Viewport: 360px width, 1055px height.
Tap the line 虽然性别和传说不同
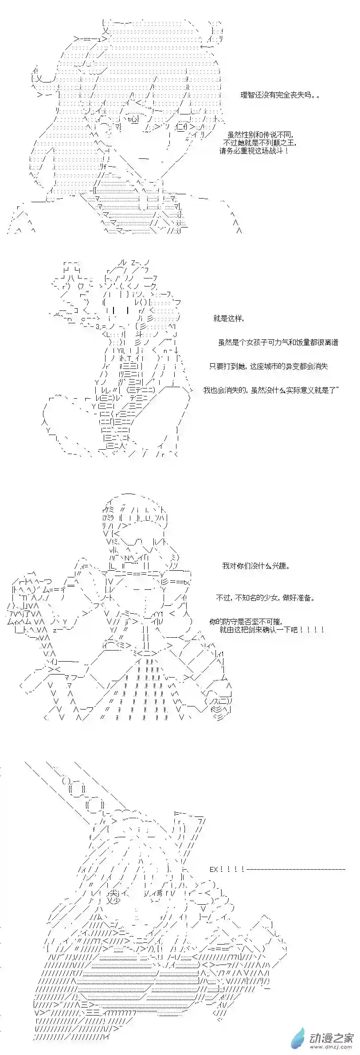pyautogui.click(x=261, y=135)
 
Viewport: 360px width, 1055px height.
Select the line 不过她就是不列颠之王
pyautogui.click(x=260, y=143)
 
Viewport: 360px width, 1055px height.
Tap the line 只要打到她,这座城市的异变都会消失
pyautogui.click(x=269, y=366)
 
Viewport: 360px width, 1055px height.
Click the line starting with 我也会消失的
pyautogui.click(x=271, y=390)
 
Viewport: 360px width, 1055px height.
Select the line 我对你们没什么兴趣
pyautogui.click(x=256, y=566)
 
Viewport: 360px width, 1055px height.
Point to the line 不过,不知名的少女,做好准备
pyautogui.click(x=266, y=597)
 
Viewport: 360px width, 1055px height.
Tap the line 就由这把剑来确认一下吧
pyautogui.click(x=271, y=629)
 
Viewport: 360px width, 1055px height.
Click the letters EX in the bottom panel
pyautogui.click(x=214, y=869)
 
